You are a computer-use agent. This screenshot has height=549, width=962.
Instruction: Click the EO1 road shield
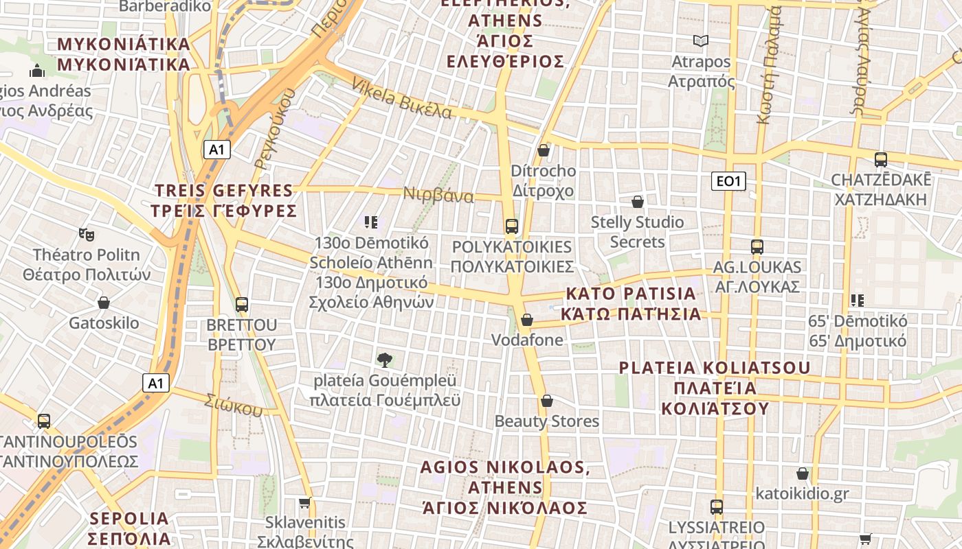pyautogui.click(x=728, y=181)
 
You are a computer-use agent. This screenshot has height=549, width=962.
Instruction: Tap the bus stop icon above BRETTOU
pyautogui.click(x=241, y=304)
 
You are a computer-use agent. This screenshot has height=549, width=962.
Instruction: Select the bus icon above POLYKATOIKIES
pyautogui.click(x=511, y=226)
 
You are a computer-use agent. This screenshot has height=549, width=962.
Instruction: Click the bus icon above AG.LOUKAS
pyautogui.click(x=757, y=247)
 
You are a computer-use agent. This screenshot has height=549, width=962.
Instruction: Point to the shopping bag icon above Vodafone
pyautogui.click(x=527, y=320)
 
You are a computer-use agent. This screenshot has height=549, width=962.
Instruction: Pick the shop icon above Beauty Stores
pyautogui.click(x=547, y=401)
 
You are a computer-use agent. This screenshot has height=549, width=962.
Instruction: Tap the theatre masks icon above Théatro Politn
pyautogui.click(x=86, y=235)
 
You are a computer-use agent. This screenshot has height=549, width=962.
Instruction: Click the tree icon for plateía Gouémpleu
pyautogui.click(x=385, y=359)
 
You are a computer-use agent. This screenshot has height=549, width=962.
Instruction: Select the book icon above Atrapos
pyautogui.click(x=700, y=41)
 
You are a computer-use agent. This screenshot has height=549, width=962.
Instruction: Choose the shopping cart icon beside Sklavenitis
pyautogui.click(x=305, y=502)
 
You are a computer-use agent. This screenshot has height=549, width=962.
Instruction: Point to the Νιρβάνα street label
pyautogui.click(x=438, y=195)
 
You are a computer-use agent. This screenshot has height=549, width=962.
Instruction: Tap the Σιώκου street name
pyautogui.click(x=234, y=405)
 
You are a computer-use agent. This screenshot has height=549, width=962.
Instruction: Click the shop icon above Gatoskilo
pyautogui.click(x=104, y=303)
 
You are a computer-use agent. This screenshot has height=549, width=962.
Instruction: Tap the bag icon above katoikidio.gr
pyautogui.click(x=802, y=474)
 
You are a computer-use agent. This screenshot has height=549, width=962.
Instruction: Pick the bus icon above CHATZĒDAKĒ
pyautogui.click(x=881, y=160)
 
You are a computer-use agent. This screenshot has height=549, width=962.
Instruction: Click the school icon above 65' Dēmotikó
pyautogui.click(x=857, y=300)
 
